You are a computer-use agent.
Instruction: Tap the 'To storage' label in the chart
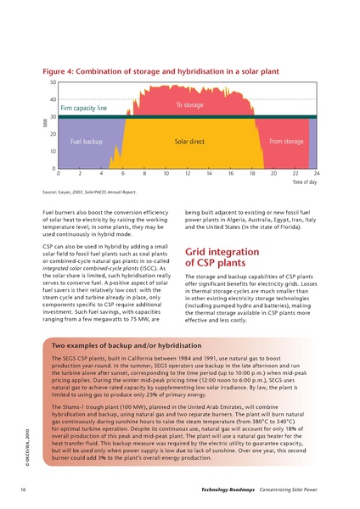pos(189,105)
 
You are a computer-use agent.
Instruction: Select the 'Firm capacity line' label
pos(83,109)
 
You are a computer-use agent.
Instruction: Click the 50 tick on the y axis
pos(53,82)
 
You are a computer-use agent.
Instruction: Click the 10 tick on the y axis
pos(53,152)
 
